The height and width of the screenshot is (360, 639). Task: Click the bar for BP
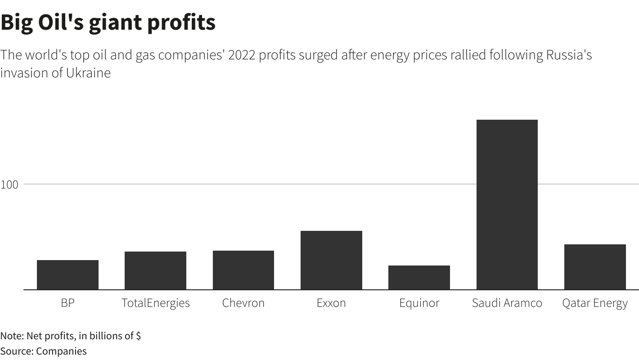tap(67, 274)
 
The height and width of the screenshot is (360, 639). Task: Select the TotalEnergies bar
tap(155, 270)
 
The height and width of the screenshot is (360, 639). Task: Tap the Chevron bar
tap(243, 270)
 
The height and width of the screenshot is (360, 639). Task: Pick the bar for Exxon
tap(331, 260)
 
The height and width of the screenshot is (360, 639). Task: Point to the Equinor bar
tap(419, 277)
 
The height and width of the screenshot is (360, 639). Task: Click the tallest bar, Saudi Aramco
tap(507, 205)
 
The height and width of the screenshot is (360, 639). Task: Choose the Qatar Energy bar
tap(595, 267)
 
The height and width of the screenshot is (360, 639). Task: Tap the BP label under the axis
tap(67, 303)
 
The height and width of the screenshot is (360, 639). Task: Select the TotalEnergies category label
tap(155, 303)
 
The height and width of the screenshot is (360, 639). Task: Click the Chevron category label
tap(243, 303)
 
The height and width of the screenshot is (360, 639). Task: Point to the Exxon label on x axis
tap(331, 303)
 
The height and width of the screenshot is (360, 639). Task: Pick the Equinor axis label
tap(419, 303)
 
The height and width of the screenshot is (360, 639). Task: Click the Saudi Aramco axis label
tap(507, 303)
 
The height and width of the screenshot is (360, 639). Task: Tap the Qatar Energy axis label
tap(595, 303)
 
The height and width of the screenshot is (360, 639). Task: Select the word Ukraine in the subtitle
tap(88, 72)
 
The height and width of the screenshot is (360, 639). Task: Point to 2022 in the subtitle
tap(242, 55)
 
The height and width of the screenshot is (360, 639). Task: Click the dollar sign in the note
tap(138, 336)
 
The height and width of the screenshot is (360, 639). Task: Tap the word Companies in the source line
tap(61, 351)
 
